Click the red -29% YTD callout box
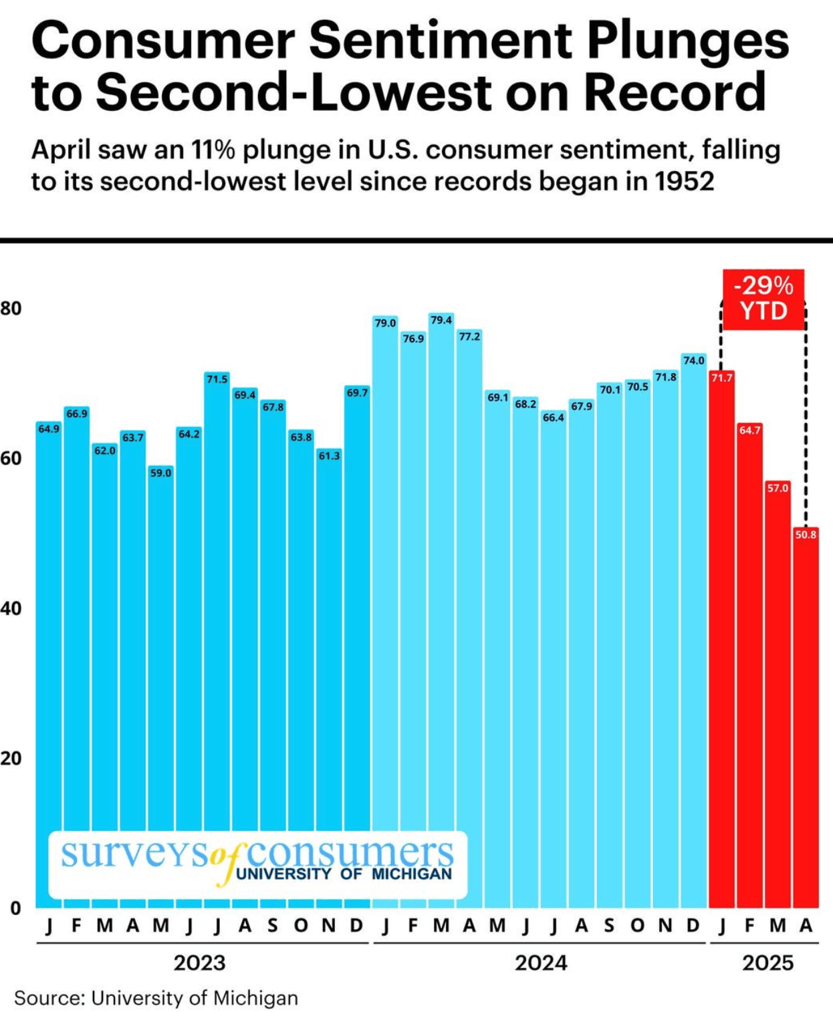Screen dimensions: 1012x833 click(763, 299)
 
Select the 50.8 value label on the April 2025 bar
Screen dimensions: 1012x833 click(806, 535)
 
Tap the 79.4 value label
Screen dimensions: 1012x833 click(441, 320)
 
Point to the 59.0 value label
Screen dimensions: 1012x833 click(160, 473)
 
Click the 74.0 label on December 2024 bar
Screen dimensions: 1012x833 click(694, 360)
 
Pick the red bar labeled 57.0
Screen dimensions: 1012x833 click(778, 702)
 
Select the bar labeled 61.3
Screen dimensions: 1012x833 click(329, 682)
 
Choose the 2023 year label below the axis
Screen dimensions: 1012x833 click(199, 963)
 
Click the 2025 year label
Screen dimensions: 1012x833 click(767, 963)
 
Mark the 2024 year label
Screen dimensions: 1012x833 click(541, 963)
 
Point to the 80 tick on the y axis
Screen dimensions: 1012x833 click(11, 308)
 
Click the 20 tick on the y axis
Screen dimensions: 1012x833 click(11, 758)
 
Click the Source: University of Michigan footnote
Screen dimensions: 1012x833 click(156, 997)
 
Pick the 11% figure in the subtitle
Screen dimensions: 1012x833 click(213, 150)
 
